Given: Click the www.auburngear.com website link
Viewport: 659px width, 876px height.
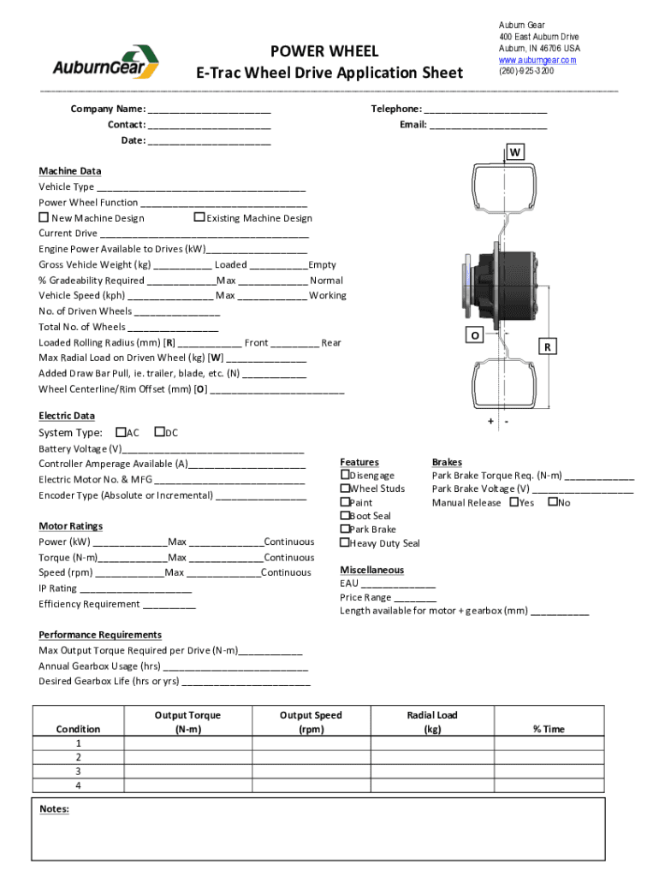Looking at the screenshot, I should [537, 60].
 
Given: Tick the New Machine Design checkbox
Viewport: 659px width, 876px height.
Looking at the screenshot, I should [44, 217].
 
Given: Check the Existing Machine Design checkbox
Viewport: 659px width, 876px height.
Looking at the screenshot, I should [199, 217].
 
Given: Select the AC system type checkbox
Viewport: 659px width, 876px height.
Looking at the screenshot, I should [120, 432].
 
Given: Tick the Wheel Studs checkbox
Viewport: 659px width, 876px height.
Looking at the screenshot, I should [345, 488].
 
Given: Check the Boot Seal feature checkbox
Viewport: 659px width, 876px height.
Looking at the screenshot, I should [345, 515].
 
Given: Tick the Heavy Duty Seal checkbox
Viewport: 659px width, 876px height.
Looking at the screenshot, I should [345, 542].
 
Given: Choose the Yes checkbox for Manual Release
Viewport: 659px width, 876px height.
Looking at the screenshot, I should [514, 501].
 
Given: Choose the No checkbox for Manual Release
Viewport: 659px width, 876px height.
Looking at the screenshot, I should [553, 501].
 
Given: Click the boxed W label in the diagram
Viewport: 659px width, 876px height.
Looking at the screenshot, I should [515, 152].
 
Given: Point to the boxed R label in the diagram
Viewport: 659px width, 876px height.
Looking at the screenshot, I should [547, 347].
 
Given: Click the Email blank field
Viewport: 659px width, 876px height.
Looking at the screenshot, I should [487, 125].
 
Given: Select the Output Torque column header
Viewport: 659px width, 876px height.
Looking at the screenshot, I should [187, 722].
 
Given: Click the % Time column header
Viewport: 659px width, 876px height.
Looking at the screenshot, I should [549, 729].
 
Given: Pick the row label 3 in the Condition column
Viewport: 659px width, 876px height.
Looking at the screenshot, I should [78, 771].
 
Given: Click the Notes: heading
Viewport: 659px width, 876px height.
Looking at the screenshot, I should [55, 808].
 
